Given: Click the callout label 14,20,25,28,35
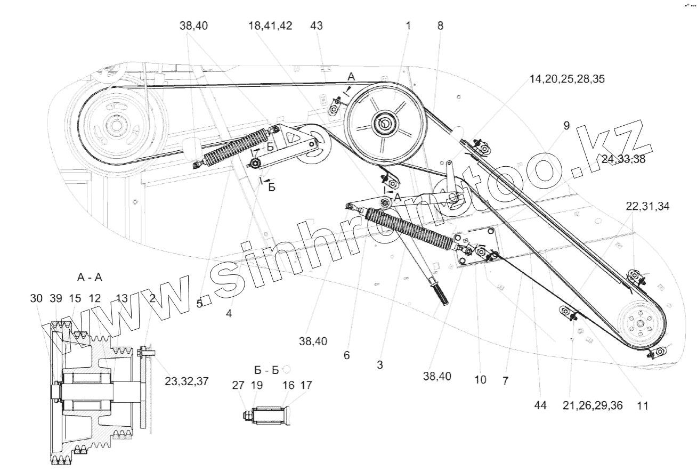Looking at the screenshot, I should coord(567,79).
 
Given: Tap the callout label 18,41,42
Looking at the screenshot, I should coord(270,26).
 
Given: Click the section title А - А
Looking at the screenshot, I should coord(90,277).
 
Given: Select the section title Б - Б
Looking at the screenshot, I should coord(266,370).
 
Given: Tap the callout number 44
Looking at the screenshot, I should coord(540,405).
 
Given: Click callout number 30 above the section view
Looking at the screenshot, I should coord(36,299).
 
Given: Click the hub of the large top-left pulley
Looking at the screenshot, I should coord(114,126).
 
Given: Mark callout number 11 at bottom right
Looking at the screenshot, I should coord(642,405).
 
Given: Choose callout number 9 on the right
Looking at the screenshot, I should coord(566,126).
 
